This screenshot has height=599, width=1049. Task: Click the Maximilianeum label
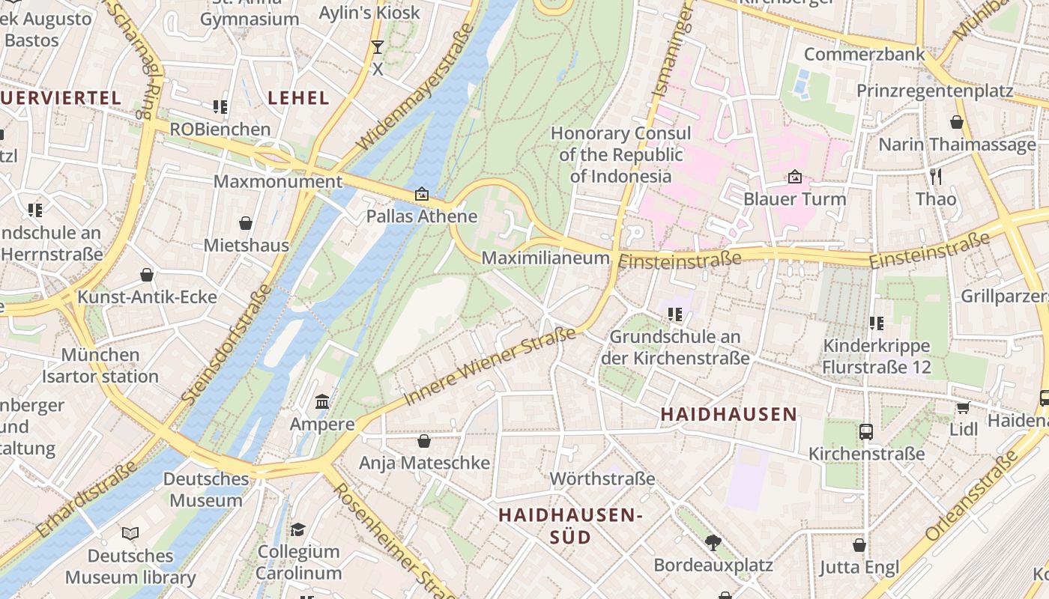pyautogui.click(x=545, y=258)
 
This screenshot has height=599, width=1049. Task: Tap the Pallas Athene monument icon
pyautogui.click(x=422, y=195)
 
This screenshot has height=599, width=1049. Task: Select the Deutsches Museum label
pyautogui.click(x=206, y=490)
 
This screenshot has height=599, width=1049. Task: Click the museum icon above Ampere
pyautogui.click(x=322, y=402)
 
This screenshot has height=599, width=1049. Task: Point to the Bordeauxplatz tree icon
pyautogui.click(x=713, y=542)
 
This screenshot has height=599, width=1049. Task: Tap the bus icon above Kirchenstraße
pyautogui.click(x=866, y=431)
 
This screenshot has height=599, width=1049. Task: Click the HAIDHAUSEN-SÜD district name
pyautogui.click(x=571, y=526)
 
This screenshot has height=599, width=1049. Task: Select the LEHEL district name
pyautogui.click(x=298, y=98)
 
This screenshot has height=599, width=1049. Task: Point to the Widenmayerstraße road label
pyautogui.click(x=414, y=87)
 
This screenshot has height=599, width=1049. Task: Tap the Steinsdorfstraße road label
pyautogui.click(x=226, y=345)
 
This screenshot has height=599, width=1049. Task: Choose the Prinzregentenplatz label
pyautogui.click(x=934, y=91)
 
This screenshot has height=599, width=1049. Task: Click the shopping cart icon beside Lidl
pyautogui.click(x=963, y=407)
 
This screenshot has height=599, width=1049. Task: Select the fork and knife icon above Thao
pyautogui.click(x=935, y=177)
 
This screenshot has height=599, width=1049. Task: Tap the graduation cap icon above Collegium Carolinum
pyautogui.click(x=298, y=529)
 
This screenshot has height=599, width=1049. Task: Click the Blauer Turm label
pyautogui.click(x=794, y=199)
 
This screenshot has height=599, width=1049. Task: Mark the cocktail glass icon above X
pyautogui.click(x=378, y=47)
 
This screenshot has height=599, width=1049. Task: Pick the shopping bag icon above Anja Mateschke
pyautogui.click(x=424, y=441)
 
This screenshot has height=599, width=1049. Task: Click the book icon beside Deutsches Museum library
pyautogui.click(x=130, y=533)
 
